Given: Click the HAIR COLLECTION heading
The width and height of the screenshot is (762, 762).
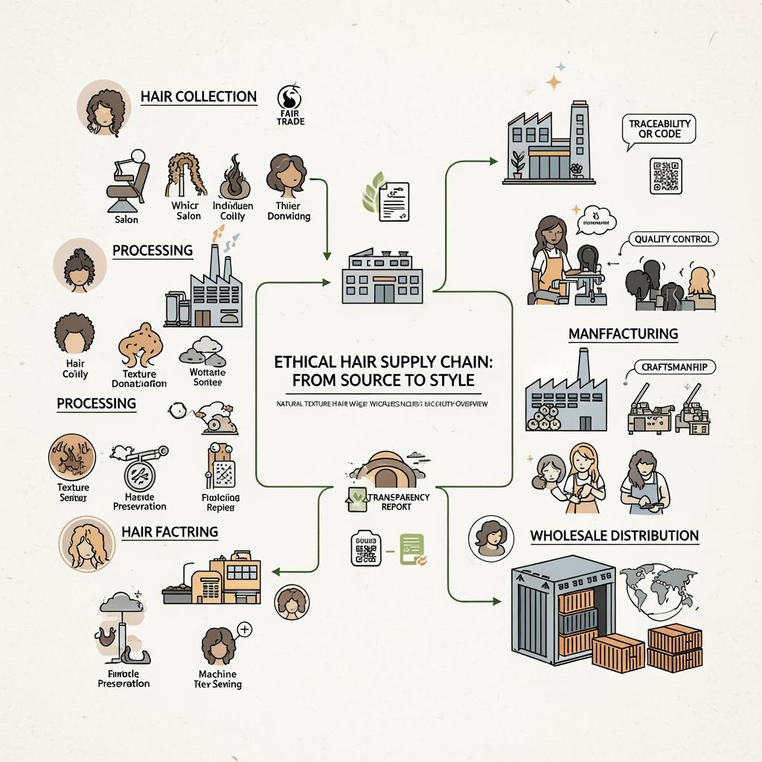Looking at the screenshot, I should pyautogui.click(x=198, y=97).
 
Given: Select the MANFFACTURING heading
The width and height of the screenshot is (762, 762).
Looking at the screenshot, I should pyautogui.click(x=623, y=333).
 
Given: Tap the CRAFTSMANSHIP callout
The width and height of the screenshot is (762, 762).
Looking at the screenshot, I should pyautogui.click(x=673, y=367).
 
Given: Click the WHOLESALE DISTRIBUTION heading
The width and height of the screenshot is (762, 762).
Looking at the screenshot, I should pyautogui.click(x=615, y=535).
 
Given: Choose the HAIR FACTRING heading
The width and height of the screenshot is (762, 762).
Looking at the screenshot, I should pyautogui.click(x=169, y=531).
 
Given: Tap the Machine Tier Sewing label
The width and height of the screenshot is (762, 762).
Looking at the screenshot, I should pyautogui.click(x=217, y=679).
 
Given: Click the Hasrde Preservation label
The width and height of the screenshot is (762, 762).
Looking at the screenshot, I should pyautogui.click(x=139, y=500).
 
